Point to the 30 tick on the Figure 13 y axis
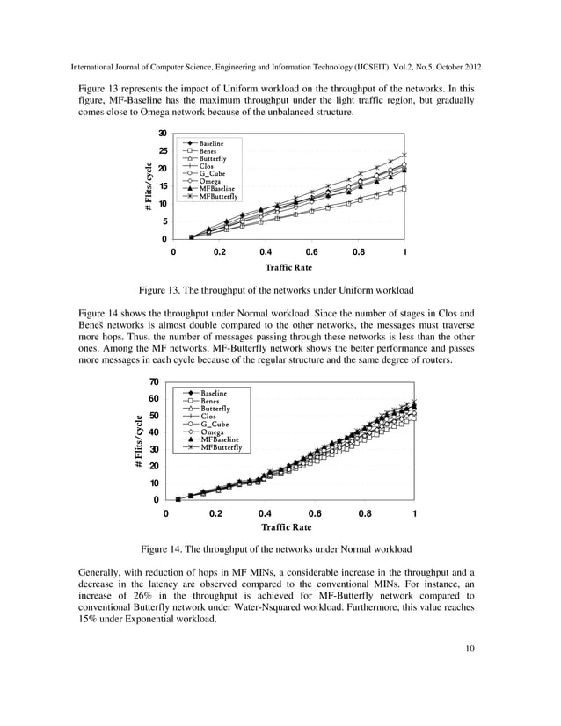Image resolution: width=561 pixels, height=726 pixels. [x=163, y=134]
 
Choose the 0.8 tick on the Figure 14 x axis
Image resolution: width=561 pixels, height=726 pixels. [x=364, y=512]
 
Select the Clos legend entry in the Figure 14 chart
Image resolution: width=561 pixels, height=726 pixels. [x=208, y=416]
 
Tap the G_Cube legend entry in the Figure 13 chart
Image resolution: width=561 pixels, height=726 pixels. [x=215, y=173]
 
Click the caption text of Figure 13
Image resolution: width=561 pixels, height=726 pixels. [x=276, y=290]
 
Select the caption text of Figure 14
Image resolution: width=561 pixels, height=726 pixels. [x=276, y=549]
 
